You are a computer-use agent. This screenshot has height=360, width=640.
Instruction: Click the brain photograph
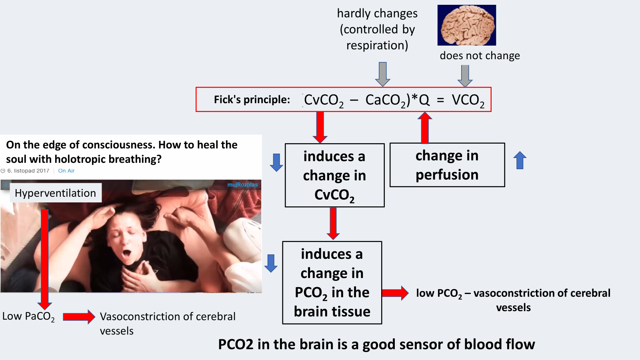coord(466,25)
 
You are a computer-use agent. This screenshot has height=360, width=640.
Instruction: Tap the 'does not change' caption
coord(480,56)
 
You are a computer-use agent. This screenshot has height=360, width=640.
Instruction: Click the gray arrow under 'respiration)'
coord(383,74)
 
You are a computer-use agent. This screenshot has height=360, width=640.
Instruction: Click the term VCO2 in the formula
coord(468,100)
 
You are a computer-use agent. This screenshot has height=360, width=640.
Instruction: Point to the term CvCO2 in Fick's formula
coord(324,100)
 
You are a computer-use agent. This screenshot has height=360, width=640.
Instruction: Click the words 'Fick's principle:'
coord(252,100)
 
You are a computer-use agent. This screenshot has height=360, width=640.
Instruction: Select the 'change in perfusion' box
coord(447,165)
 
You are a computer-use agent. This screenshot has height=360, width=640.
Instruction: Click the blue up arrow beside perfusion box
coord(520,160)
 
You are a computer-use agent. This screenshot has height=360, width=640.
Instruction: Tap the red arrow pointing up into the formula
coord(425,127)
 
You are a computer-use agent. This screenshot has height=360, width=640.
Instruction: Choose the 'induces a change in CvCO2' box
coord(334,175)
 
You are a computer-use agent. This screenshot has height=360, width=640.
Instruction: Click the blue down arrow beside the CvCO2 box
coord(276,162)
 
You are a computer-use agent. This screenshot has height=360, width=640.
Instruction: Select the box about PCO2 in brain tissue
coord(332,282)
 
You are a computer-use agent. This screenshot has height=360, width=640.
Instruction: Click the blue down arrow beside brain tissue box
coord(271,263)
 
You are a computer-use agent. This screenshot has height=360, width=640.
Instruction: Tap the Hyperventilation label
coord(55,193)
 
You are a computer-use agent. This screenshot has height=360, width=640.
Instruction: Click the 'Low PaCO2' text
coord(28,316)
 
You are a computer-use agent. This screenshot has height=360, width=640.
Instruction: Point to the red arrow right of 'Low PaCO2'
coord(79,317)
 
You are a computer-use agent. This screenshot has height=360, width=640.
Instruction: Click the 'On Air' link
coord(66,171)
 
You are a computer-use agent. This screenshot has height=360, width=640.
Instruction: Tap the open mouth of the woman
coord(127,253)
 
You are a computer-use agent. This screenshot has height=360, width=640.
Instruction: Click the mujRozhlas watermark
coord(242,185)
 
